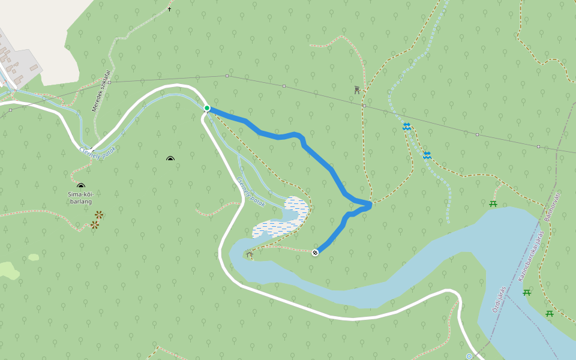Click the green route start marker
[x=207, y=108]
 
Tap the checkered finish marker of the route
[x=315, y=252]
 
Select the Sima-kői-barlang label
[x=80, y=198]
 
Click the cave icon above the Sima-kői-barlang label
[x=81, y=186]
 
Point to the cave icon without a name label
[x=170, y=159]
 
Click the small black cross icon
[x=169, y=10]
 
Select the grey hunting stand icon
[x=357, y=90]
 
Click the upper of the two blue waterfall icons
[x=407, y=127]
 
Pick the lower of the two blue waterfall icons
[x=427, y=155]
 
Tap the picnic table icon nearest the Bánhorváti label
[x=493, y=204]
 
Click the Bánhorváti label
[x=553, y=207]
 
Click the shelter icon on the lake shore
[x=250, y=254]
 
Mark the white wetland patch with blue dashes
[x=282, y=219]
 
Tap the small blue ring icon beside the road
[x=469, y=356]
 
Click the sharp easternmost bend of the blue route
[x=371, y=205]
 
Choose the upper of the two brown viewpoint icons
[x=99, y=214]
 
